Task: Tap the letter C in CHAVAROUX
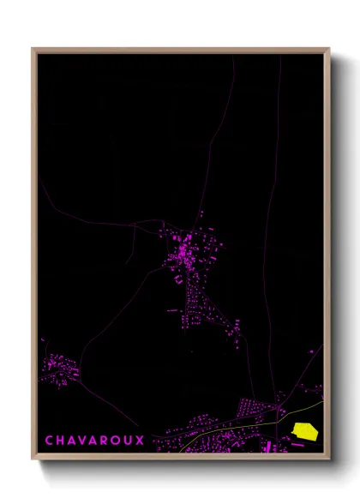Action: pos(50,440)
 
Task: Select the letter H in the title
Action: pos(61,440)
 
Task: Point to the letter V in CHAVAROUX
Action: pos(84,440)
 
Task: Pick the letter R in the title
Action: pos(106,440)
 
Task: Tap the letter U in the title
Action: pos(129,440)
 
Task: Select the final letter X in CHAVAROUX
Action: pos(141,440)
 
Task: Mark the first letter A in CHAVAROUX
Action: pos(73,440)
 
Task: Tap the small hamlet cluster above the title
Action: pos(58,369)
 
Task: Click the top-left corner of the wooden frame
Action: pos(33,49)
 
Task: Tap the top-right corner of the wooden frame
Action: pos(328,49)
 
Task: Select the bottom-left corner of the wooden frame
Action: pos(33,460)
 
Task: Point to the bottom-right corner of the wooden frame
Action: pos(328,460)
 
